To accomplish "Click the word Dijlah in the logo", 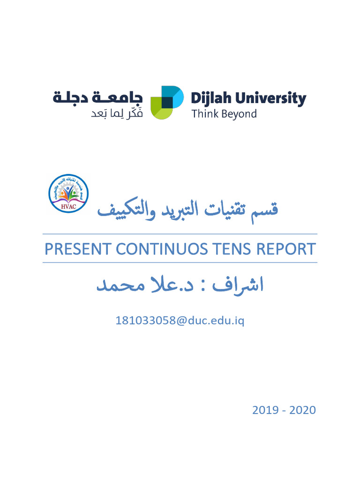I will [211, 99].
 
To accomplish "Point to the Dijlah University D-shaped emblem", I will [166, 102].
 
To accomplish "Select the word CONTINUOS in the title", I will [161, 249].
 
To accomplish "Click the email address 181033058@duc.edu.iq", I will [180, 321].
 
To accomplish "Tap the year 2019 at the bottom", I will [265, 410].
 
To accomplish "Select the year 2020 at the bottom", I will [302, 410].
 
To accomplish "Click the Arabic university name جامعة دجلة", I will [97, 98].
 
